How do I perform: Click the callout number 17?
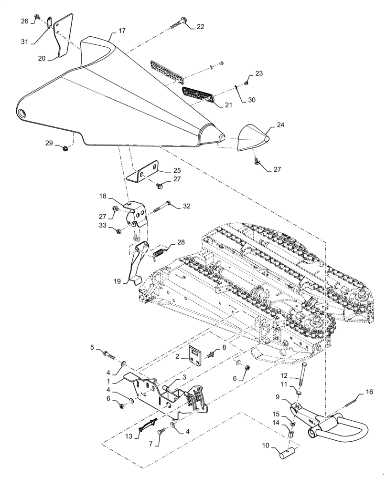(x=122, y=31)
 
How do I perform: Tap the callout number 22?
(x=200, y=27)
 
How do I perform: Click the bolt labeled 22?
(x=179, y=22)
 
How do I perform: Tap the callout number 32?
(x=186, y=206)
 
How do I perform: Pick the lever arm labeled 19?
(x=135, y=265)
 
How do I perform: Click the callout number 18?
(x=102, y=197)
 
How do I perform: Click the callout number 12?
(x=297, y=375)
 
